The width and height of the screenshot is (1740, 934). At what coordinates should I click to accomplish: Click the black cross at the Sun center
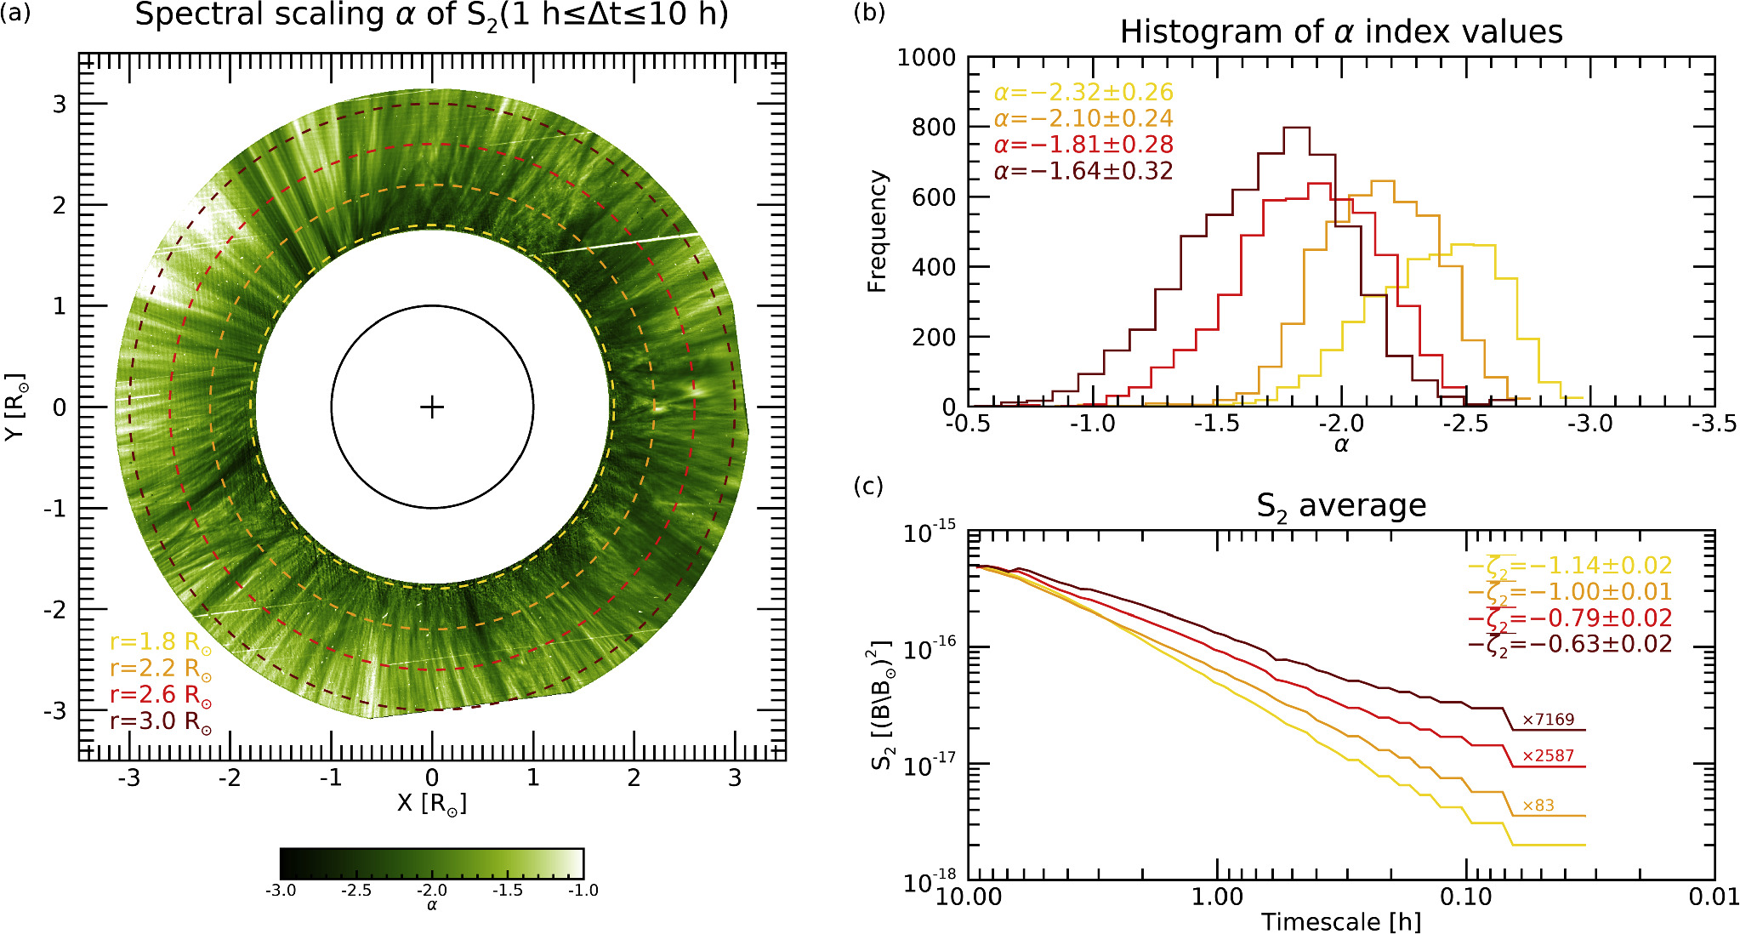coord(432,407)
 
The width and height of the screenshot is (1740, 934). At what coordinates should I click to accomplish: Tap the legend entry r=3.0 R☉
coord(161,721)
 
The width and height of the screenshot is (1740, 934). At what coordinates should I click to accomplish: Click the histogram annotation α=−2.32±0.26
coord(1083,92)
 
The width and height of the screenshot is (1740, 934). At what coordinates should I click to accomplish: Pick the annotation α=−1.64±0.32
coord(1083,171)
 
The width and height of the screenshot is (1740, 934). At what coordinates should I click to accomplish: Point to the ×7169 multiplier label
coord(1548,720)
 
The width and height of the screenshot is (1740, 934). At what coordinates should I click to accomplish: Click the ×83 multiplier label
coord(1538,806)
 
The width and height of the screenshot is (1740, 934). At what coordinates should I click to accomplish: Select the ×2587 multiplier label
coord(1548,755)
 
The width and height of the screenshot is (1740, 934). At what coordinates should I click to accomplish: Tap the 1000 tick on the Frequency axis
coord(926,58)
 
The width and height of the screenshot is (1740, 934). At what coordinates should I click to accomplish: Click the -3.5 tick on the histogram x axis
coord(1713,424)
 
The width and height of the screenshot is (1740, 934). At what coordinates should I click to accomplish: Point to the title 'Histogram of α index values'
coord(1341,32)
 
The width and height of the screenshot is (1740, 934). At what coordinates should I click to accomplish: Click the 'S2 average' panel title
coord(1341,506)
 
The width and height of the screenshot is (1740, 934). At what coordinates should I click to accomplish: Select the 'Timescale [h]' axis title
coord(1341,922)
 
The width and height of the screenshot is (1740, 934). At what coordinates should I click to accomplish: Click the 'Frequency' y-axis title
coord(877,231)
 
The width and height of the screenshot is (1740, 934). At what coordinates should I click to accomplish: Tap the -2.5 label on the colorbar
coord(356,891)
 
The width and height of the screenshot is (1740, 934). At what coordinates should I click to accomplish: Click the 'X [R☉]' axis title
coord(432,803)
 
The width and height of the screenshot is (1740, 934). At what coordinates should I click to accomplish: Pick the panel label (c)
coord(868,486)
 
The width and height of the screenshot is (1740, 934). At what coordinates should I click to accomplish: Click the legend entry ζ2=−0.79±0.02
coord(1570,618)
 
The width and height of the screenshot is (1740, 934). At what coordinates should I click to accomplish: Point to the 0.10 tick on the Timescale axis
coord(1466,897)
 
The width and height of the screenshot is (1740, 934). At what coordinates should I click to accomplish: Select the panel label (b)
coord(868,13)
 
